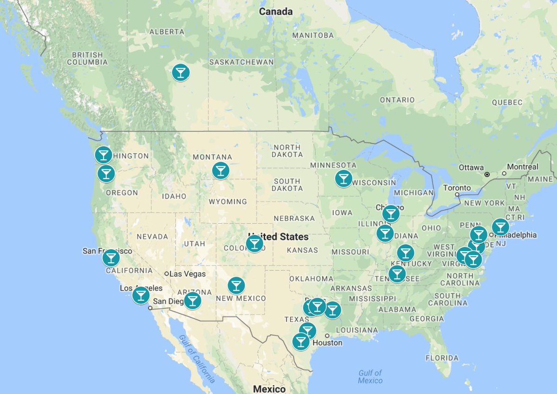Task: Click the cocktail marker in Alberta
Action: click(181, 72)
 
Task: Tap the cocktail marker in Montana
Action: click(220, 170)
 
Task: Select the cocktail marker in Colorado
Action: click(254, 243)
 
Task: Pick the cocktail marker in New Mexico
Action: click(236, 285)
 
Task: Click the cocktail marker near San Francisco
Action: click(111, 257)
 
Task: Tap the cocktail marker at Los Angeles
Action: click(141, 295)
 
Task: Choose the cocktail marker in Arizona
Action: click(193, 301)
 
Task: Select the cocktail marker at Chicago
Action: click(391, 213)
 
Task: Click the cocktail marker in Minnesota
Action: click(343, 178)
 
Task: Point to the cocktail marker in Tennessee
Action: click(397, 274)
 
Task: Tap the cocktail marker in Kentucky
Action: click(405, 253)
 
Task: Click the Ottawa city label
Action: click(472, 168)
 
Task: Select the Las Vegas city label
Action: click(188, 274)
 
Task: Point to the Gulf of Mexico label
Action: click(370, 376)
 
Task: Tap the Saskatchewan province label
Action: click(241, 62)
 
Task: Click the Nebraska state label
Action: click(294, 218)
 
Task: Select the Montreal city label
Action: click(523, 167)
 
